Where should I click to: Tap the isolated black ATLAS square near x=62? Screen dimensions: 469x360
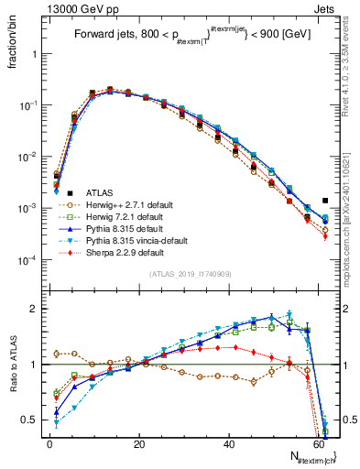325,201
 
